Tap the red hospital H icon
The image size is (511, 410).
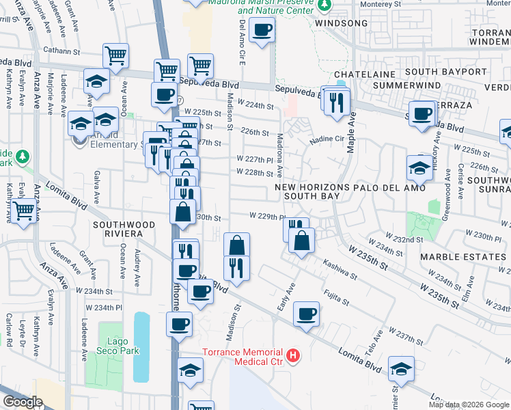[x=293, y=355]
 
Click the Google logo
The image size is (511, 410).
[x=23, y=402]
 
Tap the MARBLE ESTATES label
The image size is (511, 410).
[x=462, y=256]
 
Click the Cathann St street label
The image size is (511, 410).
[x=62, y=50]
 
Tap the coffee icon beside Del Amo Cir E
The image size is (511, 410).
[x=262, y=30]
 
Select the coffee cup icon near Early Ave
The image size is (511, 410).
[x=306, y=314]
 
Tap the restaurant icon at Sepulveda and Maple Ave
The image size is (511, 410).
[x=337, y=102]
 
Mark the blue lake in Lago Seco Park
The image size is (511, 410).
[x=141, y=346]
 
